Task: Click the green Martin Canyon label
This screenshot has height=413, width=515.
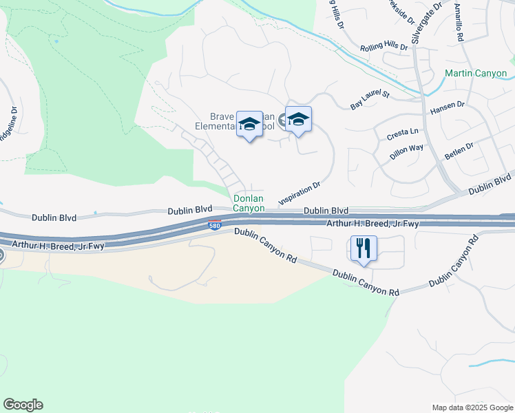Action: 476,74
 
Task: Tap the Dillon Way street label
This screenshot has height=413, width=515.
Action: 406,152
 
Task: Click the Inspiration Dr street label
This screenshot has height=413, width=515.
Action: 299,193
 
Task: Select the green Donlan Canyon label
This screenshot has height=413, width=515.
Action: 249,202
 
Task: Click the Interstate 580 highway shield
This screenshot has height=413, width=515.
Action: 215,225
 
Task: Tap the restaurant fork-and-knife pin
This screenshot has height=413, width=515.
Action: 364,248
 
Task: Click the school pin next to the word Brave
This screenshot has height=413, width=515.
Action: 249,124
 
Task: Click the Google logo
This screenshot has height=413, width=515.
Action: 23,405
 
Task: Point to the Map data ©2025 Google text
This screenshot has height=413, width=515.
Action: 472,407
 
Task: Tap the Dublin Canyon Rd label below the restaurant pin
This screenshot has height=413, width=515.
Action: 366,283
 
